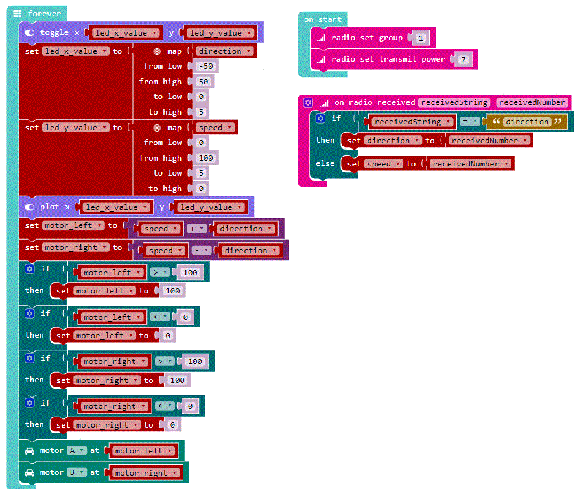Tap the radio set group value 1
coord(420,38)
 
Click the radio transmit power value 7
coord(462,60)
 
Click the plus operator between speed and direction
coord(195,229)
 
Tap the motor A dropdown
coord(76,450)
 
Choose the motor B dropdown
coord(77,472)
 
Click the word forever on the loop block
coord(45,13)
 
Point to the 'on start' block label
coord(322,19)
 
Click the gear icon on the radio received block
coord(308,102)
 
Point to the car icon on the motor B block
coord(29,472)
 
